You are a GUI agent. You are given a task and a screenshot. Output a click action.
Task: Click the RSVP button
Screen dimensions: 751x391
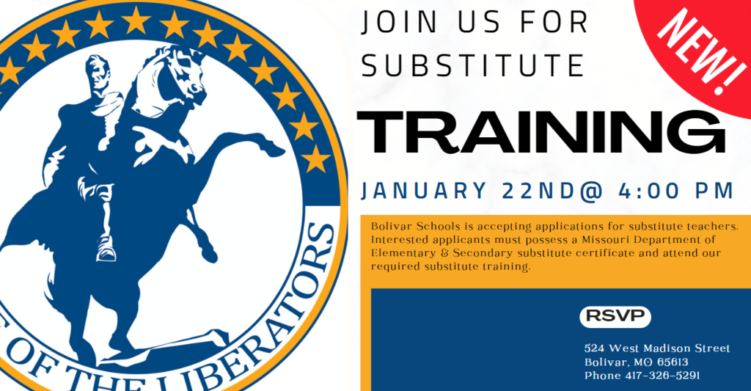click(615, 316)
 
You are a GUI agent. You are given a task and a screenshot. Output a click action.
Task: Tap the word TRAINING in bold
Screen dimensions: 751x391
click(541, 131)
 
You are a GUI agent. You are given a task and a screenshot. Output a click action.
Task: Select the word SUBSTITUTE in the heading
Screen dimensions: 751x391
click(473, 65)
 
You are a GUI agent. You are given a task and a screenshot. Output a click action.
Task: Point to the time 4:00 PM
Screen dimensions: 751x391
click(675, 191)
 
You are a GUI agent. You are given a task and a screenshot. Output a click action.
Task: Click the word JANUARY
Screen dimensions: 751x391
click(424, 191)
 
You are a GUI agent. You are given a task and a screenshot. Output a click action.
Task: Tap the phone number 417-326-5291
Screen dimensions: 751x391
click(662, 375)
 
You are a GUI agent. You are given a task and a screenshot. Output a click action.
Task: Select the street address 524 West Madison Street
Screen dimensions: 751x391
click(657, 348)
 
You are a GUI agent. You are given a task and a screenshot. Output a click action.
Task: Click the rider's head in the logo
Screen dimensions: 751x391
click(98, 72)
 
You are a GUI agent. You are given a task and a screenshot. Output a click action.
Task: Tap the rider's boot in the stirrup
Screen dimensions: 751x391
click(106, 249)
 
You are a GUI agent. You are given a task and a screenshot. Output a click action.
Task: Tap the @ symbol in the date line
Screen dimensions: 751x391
click(590, 191)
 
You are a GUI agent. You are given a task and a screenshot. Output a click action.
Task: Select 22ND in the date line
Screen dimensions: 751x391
click(539, 191)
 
